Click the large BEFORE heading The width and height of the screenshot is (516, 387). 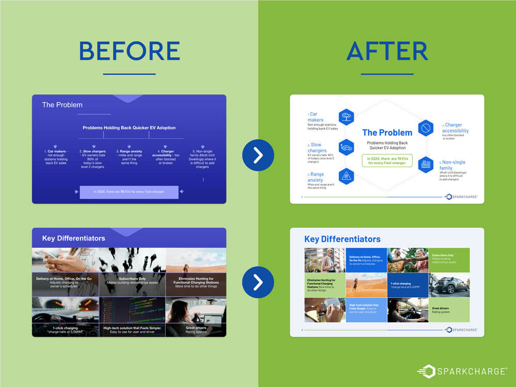point(129,51)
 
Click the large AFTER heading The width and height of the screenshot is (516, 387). point(387,51)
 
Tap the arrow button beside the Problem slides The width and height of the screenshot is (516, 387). point(258,155)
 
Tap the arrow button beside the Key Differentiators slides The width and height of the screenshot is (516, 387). point(258,282)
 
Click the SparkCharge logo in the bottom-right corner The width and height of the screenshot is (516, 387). point(462,372)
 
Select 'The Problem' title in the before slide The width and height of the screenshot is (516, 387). point(62,105)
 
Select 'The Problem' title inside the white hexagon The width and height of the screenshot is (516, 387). point(387,133)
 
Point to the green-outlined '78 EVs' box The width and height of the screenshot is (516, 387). point(387,160)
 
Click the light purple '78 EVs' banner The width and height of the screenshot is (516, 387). point(129,192)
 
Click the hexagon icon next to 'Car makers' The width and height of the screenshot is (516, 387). point(346,117)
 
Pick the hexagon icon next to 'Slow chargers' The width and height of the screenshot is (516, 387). point(346,148)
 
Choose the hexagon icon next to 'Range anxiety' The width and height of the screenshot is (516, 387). point(346,175)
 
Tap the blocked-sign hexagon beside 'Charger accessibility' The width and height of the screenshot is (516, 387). point(425,127)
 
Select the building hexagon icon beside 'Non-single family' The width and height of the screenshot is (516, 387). point(426,164)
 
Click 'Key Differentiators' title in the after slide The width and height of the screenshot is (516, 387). point(342,239)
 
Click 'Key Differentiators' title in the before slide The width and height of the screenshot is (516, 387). point(73,238)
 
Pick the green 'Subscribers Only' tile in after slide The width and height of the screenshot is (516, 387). point(449,260)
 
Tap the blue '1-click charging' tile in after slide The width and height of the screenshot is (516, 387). point(408,285)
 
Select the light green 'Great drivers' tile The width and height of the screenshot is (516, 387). point(449,310)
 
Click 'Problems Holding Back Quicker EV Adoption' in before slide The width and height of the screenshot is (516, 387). point(129,127)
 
